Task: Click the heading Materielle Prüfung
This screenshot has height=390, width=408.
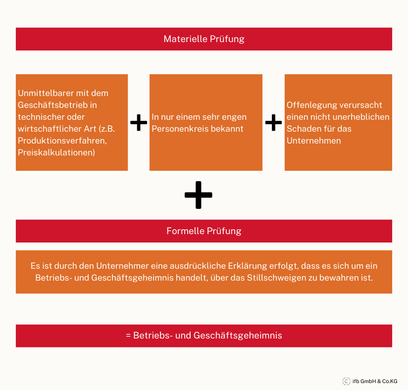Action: pos(204,39)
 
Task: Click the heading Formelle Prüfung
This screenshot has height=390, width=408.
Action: pos(204,231)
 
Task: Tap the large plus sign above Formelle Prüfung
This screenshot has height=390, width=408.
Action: pos(198,195)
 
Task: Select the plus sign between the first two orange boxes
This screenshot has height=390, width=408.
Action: pos(139,123)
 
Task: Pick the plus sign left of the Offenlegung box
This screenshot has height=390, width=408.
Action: pos(273,123)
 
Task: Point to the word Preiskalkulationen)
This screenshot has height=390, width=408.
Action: pos(56,152)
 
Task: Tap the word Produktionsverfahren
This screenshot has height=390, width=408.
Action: pos(62,141)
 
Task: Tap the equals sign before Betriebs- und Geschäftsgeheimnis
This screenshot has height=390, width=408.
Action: pos(128,336)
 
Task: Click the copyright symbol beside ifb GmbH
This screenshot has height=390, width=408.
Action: pos(346,381)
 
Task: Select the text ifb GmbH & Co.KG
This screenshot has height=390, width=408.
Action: pos(375,381)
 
